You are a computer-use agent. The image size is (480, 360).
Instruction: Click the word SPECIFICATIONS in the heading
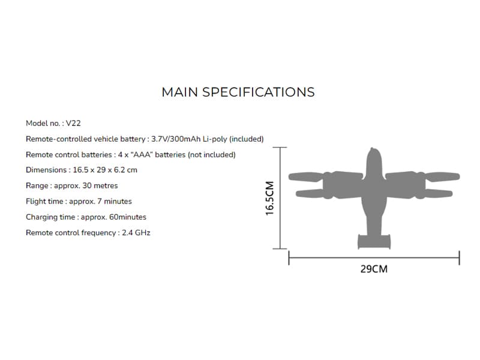[x=259, y=92]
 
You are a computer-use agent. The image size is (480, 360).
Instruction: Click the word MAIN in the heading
[x=179, y=92]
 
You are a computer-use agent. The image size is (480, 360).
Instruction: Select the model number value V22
[x=73, y=124]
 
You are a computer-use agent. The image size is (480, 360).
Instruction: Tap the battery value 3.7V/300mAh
[x=176, y=139]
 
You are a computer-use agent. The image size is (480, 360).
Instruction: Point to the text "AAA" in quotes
[x=143, y=155]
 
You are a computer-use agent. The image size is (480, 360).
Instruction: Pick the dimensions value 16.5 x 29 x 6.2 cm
[x=105, y=170]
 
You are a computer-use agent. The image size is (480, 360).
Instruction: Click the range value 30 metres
[x=100, y=185]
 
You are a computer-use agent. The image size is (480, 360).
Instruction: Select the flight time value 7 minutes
[x=115, y=202]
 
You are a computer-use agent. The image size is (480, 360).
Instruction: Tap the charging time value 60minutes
[x=128, y=217]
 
